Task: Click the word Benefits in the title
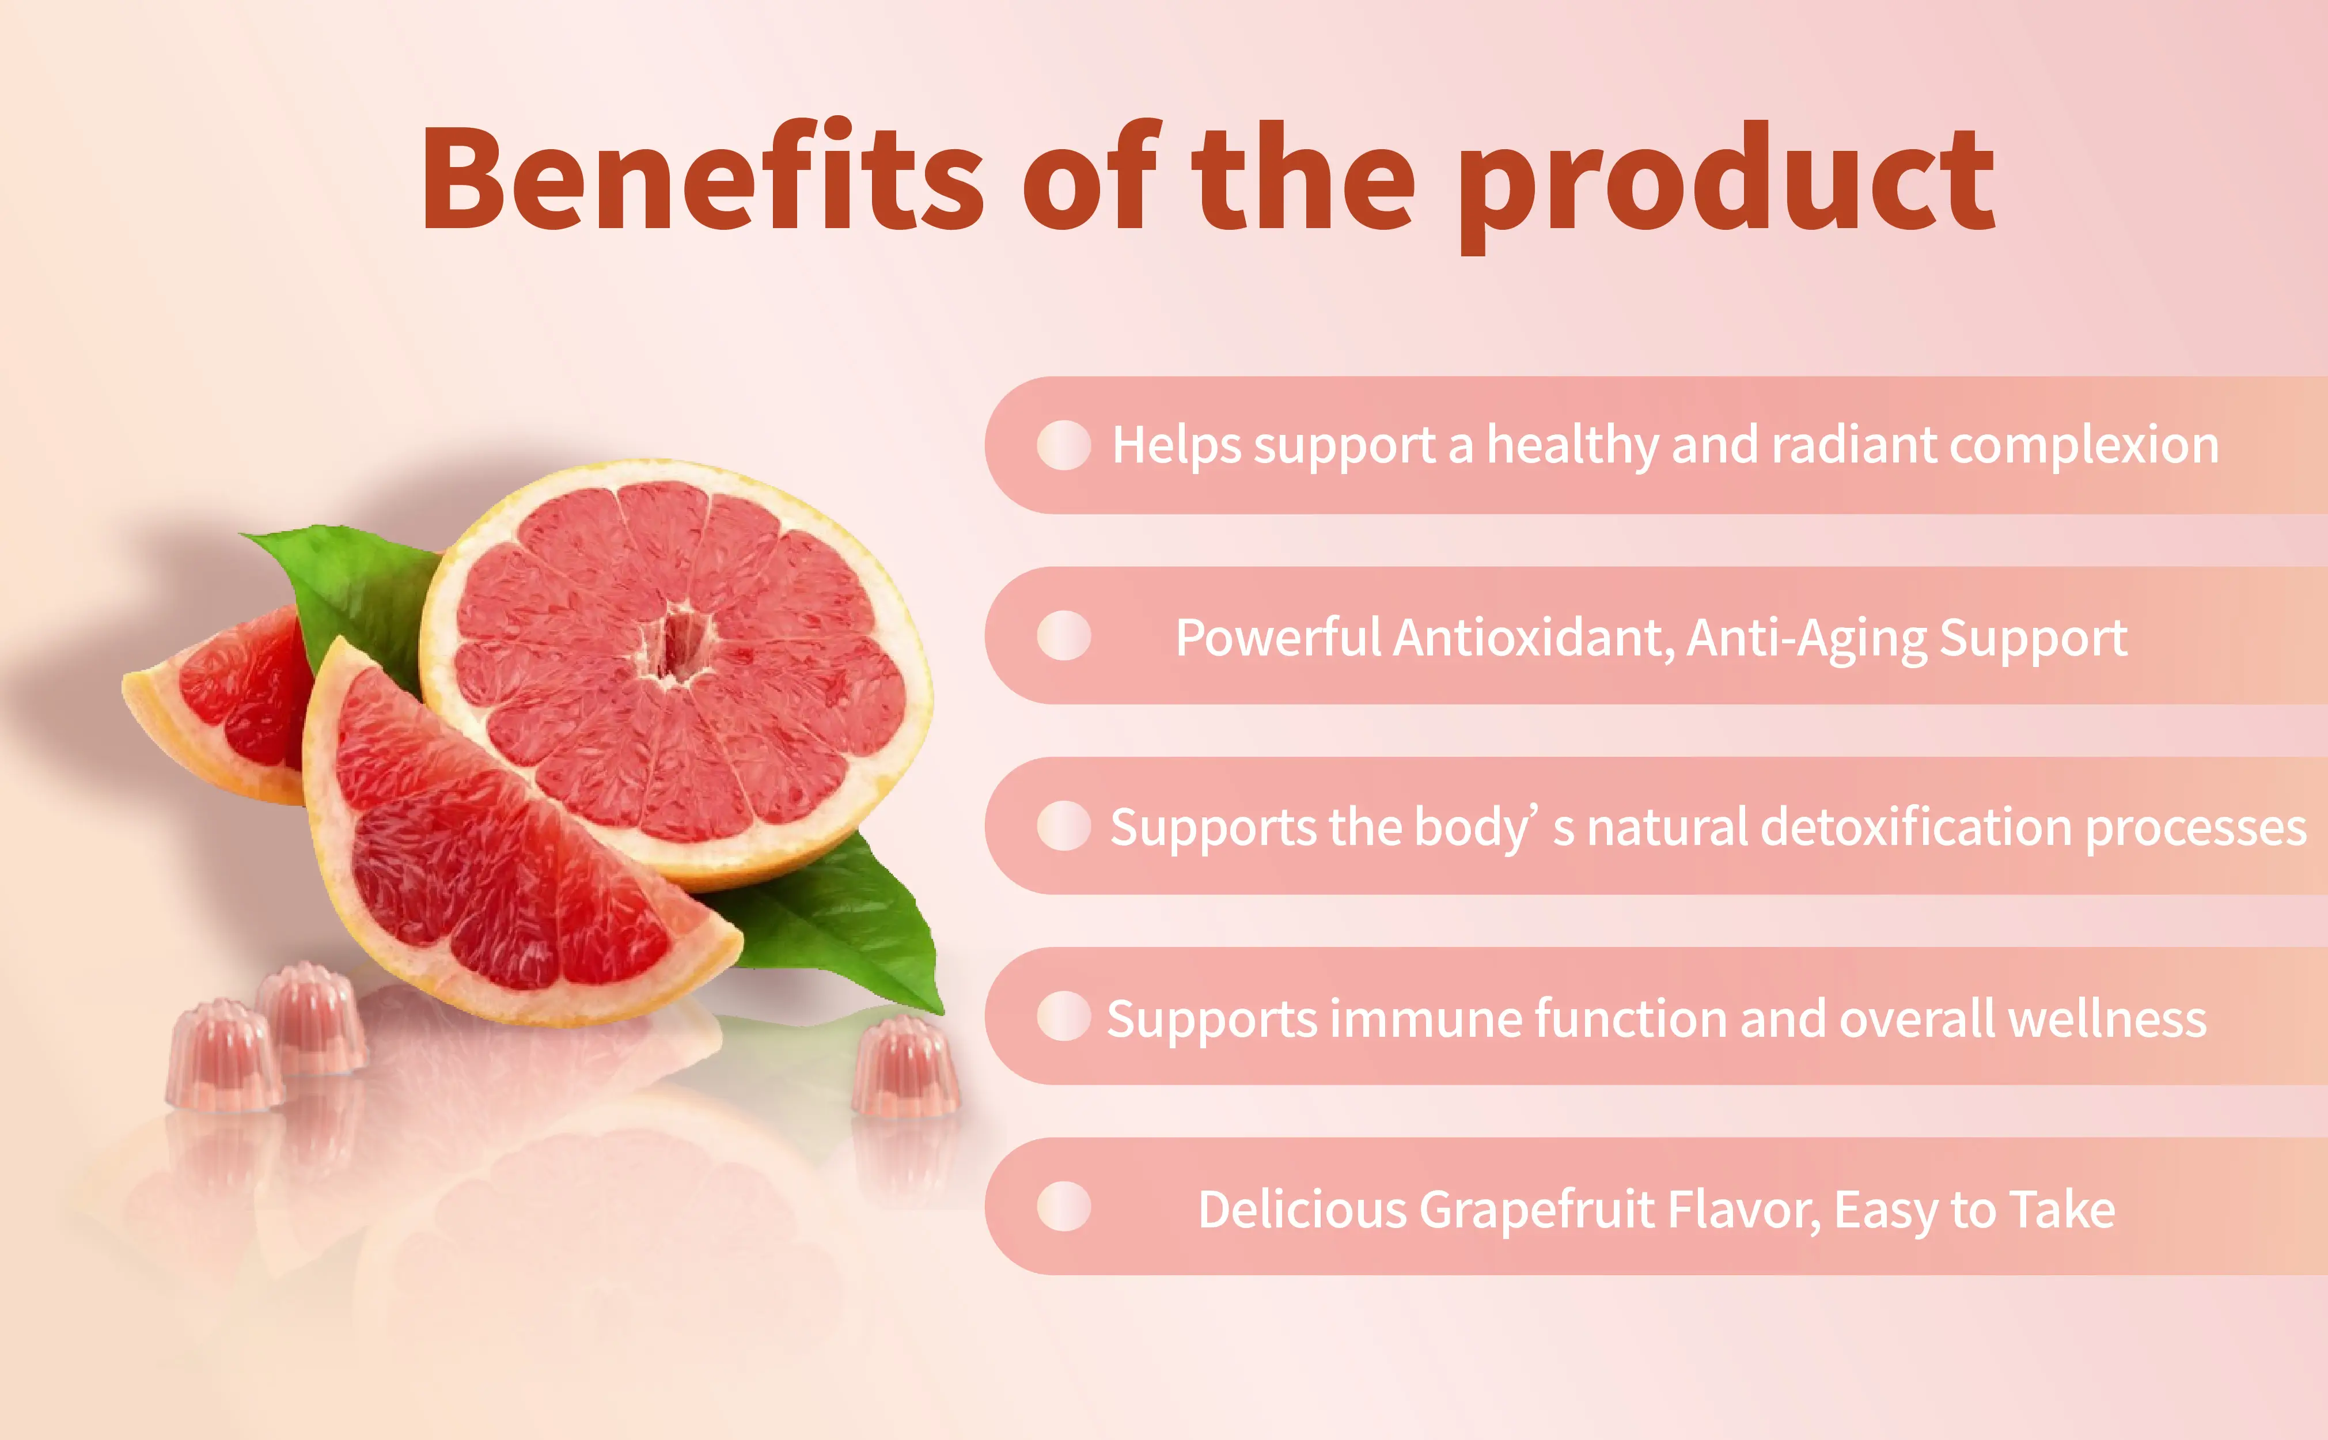click(703, 178)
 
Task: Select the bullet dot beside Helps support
click(1064, 445)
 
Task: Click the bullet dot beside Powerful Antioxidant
click(1064, 635)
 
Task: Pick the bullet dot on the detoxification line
click(1064, 826)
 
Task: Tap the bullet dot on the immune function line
click(1064, 1016)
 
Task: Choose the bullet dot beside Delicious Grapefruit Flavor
click(1064, 1207)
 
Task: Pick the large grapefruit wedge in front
click(486, 857)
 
